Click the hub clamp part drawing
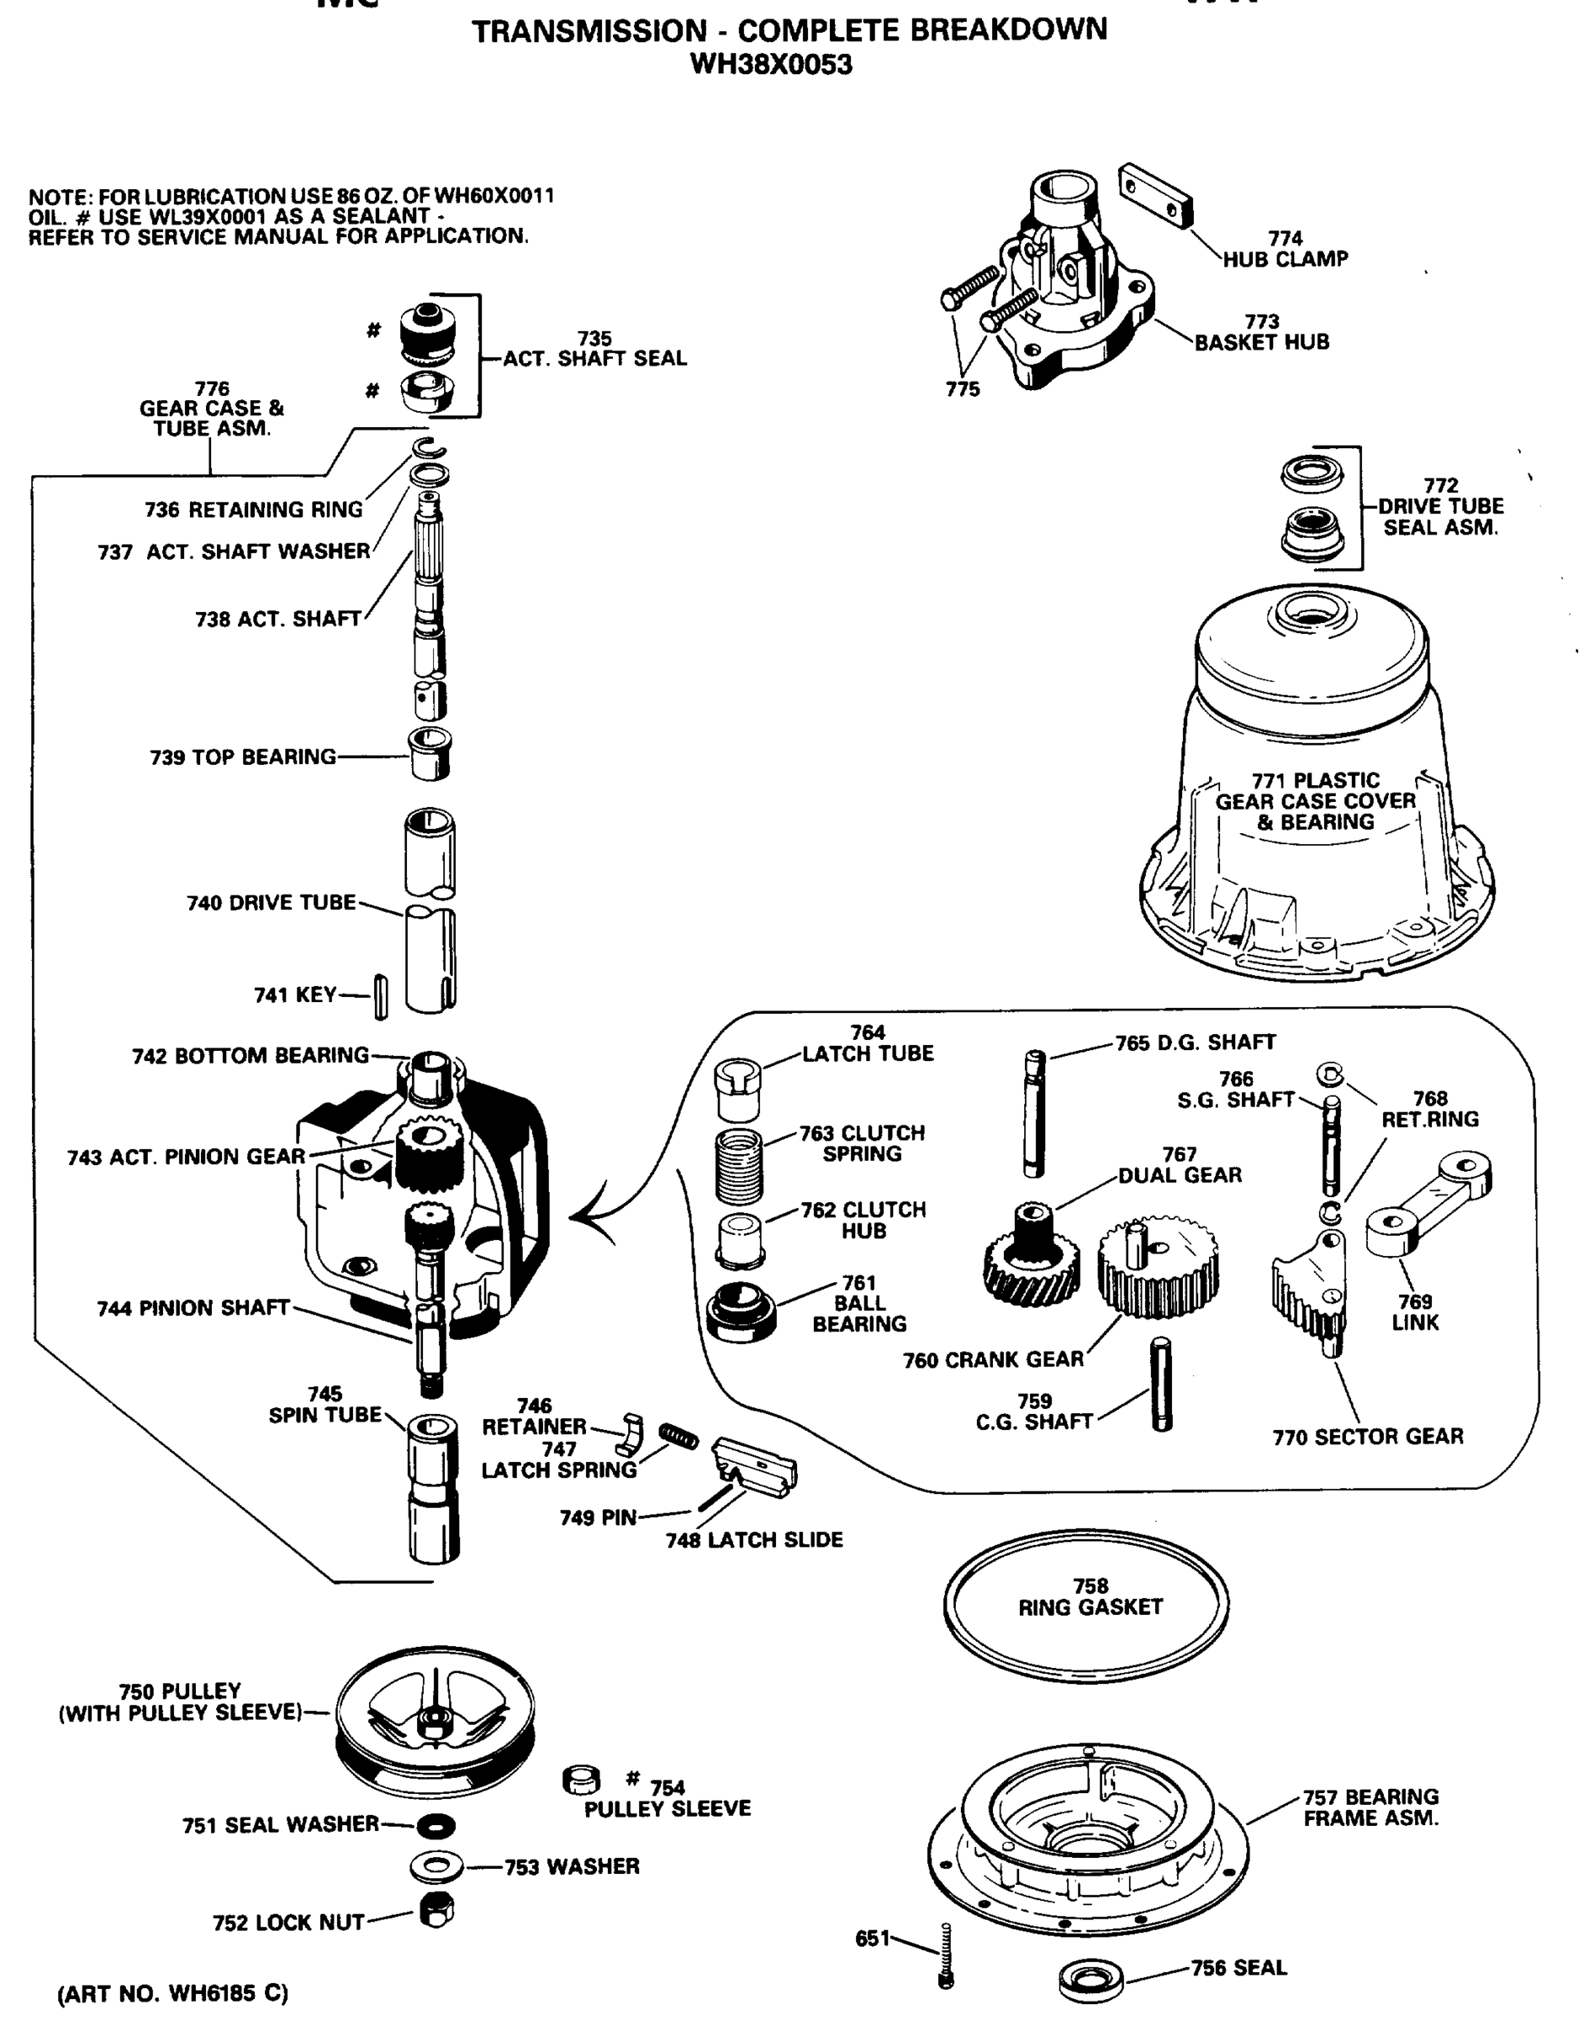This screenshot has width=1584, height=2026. pyautogui.click(x=1155, y=195)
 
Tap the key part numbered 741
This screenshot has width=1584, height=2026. pyautogui.click(x=381, y=997)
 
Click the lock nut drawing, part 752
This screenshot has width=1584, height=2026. pyautogui.click(x=435, y=1911)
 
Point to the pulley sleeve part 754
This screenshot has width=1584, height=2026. pyautogui.click(x=581, y=1780)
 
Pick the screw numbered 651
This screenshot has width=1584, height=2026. pyautogui.click(x=946, y=1953)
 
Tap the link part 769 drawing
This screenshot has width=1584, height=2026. pyautogui.click(x=1427, y=1200)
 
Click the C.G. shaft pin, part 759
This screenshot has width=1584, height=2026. pyautogui.click(x=1161, y=1384)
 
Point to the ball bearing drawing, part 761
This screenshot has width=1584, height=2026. pyautogui.click(x=740, y=1311)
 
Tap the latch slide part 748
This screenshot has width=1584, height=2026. pyautogui.click(x=753, y=1466)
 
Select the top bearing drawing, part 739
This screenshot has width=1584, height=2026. pyautogui.click(x=431, y=753)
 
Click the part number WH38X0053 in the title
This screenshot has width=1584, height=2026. pyautogui.click(x=771, y=64)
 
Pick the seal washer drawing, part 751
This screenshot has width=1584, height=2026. pyautogui.click(x=435, y=1826)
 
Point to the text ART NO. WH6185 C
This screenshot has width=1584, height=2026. pyautogui.click(x=172, y=1994)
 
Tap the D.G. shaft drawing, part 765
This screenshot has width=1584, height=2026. pyautogui.click(x=1034, y=1113)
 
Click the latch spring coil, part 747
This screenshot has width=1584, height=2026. pyautogui.click(x=678, y=1436)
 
